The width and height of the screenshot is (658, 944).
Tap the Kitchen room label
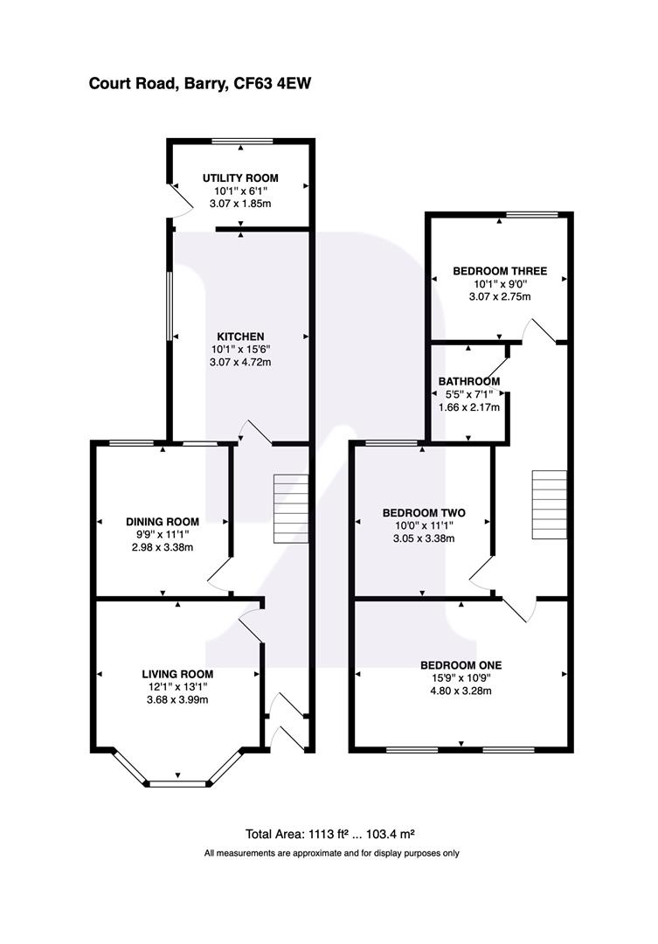click(240, 337)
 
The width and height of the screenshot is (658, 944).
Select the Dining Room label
click(163, 522)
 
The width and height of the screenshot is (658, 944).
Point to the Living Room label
click(177, 674)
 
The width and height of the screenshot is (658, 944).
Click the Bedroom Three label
click(500, 271)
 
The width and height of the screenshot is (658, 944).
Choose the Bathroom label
click(469, 381)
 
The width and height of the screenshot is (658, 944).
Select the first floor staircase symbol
click(551, 506)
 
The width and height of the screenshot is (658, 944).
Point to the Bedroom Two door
click(481, 573)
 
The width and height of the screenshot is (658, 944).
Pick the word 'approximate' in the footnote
click(299, 853)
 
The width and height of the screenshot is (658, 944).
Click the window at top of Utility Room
click(242, 141)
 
